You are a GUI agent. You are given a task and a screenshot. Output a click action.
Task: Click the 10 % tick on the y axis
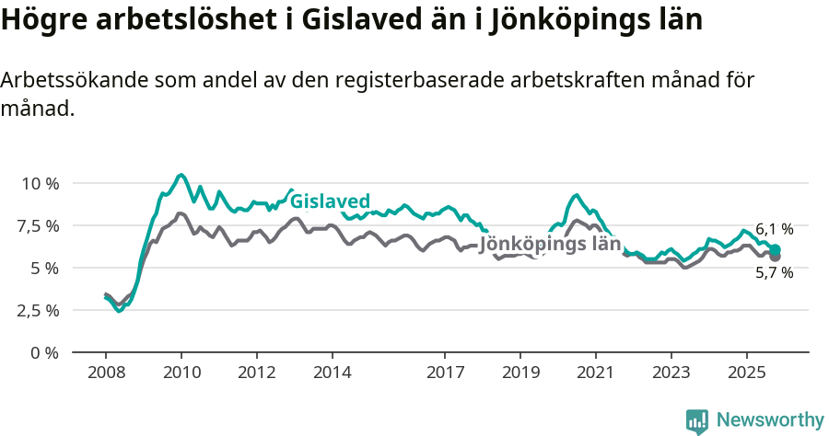(39, 183)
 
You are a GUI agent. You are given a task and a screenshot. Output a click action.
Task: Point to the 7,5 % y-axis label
(39, 225)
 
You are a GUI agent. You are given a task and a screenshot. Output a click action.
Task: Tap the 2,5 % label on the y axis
(39, 310)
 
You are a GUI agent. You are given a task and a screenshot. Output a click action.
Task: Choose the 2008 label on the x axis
(106, 373)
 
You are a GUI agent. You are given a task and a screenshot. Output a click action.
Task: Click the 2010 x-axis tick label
(181, 373)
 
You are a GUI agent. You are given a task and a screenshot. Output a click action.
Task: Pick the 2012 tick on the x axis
(257, 373)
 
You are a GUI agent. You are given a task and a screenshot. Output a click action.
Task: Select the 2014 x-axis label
(332, 373)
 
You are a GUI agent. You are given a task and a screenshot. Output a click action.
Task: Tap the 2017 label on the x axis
(445, 373)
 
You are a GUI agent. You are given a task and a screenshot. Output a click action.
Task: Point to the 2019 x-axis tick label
(520, 373)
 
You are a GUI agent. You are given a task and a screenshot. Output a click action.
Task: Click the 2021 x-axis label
(596, 373)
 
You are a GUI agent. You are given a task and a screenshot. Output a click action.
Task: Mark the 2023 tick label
(671, 373)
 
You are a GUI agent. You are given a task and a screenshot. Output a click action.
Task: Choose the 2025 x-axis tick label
(746, 373)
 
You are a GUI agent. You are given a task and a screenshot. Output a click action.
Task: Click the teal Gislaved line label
(330, 201)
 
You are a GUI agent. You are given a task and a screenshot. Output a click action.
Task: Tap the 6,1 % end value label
(774, 229)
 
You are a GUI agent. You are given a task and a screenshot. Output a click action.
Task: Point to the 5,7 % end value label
(774, 272)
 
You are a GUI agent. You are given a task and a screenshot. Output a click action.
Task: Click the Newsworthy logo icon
(697, 420)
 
